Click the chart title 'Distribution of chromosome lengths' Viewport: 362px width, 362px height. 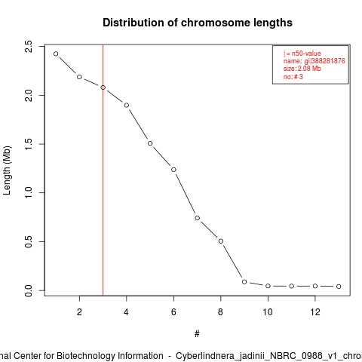pos(198,23)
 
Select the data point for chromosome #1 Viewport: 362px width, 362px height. pos(56,54)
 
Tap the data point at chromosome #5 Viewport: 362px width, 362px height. pos(150,143)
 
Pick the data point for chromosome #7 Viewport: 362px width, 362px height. pos(198,218)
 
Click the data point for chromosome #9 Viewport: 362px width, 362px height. pos(244,282)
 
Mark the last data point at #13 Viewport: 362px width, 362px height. pos(339,287)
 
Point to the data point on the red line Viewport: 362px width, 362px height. pos(103,87)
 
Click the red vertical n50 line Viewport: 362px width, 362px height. pos(103,170)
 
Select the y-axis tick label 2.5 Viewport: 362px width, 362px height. pos(29,47)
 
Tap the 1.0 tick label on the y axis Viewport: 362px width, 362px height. pos(29,193)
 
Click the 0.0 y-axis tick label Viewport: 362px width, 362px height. pos(29,290)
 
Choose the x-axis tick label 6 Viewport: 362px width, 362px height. pos(173,312)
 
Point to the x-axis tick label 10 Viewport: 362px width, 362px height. pos(268,312)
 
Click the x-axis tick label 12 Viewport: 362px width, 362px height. pos(315,312)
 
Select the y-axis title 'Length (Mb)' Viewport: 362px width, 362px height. pos(7,170)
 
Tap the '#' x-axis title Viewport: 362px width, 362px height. pos(197,334)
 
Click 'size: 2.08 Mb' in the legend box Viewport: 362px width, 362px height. pos(302,69)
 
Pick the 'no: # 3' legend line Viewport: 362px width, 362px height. pos(293,77)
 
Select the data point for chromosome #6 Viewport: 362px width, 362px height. pos(173,170)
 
